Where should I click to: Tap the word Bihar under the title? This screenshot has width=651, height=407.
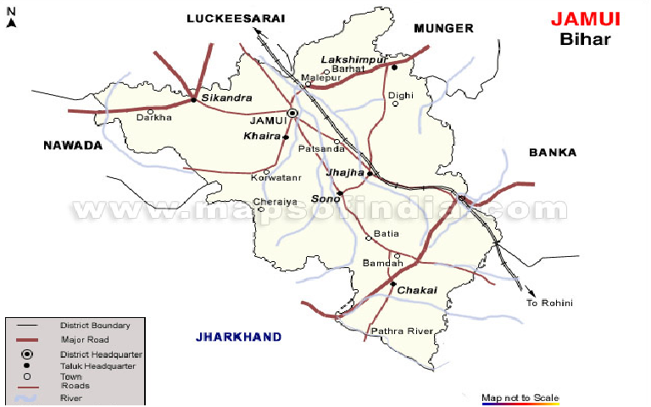pyautogui.click(x=585, y=39)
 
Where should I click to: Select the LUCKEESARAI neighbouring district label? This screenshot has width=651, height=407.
pyautogui.click(x=236, y=18)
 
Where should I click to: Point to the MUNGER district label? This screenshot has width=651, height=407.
pyautogui.click(x=443, y=28)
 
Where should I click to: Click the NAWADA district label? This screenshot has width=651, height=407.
pyautogui.click(x=72, y=145)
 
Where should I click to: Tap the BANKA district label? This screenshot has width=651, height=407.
pyautogui.click(x=552, y=153)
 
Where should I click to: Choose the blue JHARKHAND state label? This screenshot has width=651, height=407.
pyautogui.click(x=238, y=337)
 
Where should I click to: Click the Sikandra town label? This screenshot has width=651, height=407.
pyautogui.click(x=221, y=98)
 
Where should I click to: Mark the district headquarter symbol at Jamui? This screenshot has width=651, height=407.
pyautogui.click(x=292, y=113)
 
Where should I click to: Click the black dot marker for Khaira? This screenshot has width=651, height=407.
pyautogui.click(x=286, y=137)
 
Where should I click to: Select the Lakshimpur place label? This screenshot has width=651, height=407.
pyautogui.click(x=353, y=59)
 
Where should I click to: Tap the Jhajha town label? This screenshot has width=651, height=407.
pyautogui.click(x=345, y=172)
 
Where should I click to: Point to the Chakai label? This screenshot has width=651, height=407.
pyautogui.click(x=417, y=290)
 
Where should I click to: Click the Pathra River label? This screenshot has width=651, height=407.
pyautogui.click(x=402, y=331)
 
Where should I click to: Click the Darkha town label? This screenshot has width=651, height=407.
pyautogui.click(x=153, y=118)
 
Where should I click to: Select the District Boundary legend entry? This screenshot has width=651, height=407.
pyautogui.click(x=95, y=325)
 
